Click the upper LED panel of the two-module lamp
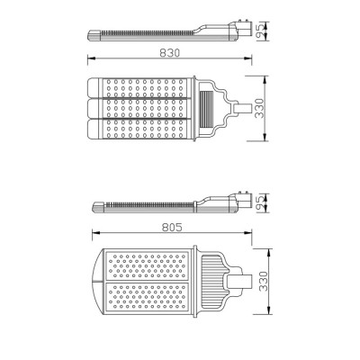[148, 265]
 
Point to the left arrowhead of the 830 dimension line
[89, 61]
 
